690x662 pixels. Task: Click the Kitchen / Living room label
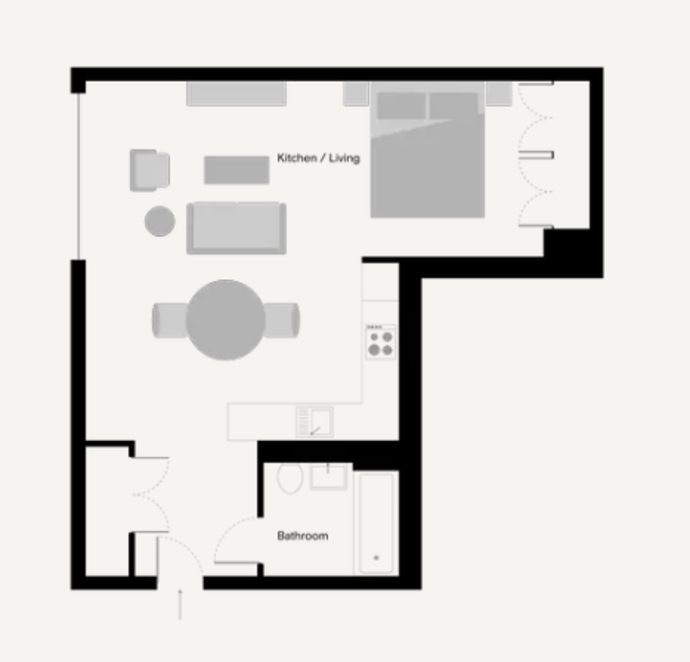pos(319,157)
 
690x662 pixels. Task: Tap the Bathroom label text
pos(303,536)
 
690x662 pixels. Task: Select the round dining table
pos(226,320)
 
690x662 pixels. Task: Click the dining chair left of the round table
pos(170,320)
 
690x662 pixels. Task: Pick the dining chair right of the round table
pos(282,320)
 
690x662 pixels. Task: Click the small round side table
pos(160,221)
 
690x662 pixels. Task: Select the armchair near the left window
pos(150,171)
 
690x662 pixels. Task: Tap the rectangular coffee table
pos(237,170)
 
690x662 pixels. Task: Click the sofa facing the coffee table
pos(236,228)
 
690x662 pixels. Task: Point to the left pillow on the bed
pos(402,106)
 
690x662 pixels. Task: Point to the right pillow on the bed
pos(454,106)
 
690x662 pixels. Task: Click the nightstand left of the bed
pos(355,93)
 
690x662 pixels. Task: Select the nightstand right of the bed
pos(499,93)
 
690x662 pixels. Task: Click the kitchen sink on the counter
pos(315,422)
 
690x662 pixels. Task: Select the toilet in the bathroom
pos(290,477)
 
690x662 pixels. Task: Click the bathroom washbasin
pos(328,476)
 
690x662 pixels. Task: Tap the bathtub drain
pos(376,558)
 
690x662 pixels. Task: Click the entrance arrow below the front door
pos(180,604)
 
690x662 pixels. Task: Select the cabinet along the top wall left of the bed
pos(236,93)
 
